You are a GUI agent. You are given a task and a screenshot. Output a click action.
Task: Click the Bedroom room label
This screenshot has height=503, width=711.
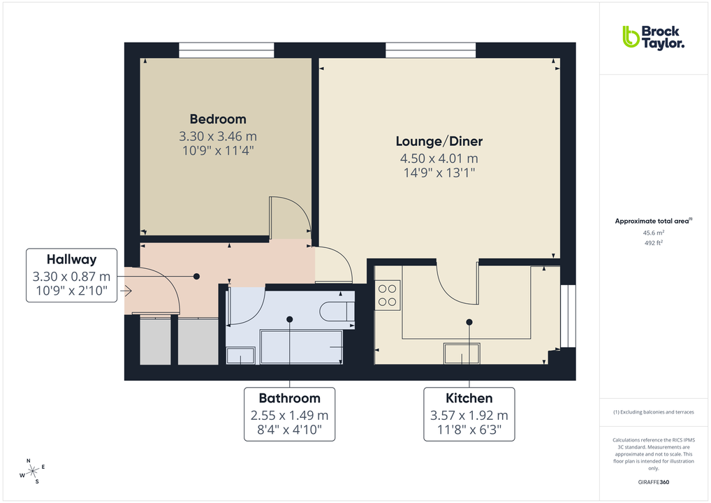pos(218,119)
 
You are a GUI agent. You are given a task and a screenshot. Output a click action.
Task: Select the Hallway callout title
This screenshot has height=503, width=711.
pos(71,259)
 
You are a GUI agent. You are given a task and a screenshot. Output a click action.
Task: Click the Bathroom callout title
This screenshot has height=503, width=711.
pos(289,398)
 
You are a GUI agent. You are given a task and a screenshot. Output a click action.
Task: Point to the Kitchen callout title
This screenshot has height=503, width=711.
pos(469,398)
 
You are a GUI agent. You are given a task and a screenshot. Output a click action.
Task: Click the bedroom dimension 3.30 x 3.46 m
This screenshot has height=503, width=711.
pos(218,136)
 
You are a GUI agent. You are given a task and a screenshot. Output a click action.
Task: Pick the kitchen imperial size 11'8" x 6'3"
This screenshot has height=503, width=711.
pos(469,430)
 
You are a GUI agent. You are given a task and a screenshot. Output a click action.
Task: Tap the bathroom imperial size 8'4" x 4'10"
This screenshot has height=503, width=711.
pos(289,430)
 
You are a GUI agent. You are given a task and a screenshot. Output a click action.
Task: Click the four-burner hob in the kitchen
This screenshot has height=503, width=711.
pos(388,295)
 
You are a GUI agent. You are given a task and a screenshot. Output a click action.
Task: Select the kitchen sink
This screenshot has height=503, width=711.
pos(462,353)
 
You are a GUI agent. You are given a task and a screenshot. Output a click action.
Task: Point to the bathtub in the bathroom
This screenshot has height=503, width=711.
pos(301,347)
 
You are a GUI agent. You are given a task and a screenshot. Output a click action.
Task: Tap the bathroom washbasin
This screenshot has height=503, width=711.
pos(240,355)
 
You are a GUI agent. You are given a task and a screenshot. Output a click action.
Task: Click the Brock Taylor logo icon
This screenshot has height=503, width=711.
pos(631,36)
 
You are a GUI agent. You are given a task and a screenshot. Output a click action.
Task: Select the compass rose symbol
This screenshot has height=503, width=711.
pos(32,472)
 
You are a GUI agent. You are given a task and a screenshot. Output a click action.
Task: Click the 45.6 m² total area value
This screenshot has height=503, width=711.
pos(653,233)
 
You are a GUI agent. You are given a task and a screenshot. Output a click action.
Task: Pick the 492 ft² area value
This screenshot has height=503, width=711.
pos(653,243)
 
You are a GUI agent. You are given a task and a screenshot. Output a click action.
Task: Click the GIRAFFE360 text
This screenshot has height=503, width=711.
pos(653,482)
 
